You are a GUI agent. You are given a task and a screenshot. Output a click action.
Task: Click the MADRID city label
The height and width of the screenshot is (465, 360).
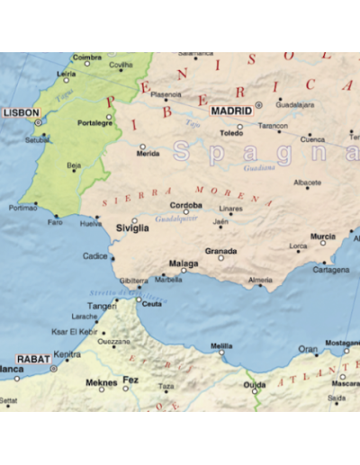click(231, 111)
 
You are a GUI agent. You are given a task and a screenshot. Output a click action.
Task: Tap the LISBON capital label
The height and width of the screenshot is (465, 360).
click(21, 112)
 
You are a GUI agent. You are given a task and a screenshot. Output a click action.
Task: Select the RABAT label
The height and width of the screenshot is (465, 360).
click(32, 357)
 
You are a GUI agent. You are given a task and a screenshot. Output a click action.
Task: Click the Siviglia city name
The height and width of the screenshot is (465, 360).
click(132, 228)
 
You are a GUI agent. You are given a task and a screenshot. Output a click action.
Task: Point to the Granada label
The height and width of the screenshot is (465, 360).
click(220, 251)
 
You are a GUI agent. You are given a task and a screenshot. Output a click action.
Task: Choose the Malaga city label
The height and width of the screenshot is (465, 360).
click(184, 264)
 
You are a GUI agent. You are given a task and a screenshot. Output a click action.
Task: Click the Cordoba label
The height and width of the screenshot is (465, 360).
click(186, 205)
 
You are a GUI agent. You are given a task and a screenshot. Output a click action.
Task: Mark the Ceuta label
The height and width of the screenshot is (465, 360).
click(152, 304)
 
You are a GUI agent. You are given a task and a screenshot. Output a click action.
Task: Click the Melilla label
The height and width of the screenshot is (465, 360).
click(221, 345)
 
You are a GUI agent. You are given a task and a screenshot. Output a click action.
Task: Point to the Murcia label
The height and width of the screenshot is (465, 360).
click(322, 237)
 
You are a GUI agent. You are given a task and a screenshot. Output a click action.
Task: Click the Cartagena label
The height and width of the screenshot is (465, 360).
click(331, 270)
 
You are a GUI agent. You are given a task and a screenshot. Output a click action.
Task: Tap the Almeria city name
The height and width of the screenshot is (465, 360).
click(260, 281)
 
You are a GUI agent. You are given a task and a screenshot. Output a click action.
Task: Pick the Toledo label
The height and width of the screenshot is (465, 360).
click(231, 133)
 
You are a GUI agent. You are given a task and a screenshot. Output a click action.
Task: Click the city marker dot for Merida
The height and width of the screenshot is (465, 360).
click(142, 146)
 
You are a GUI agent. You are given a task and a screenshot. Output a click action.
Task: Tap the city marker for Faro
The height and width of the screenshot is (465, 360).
click(56, 216)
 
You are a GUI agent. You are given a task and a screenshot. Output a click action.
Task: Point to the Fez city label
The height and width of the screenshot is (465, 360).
click(130, 380)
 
